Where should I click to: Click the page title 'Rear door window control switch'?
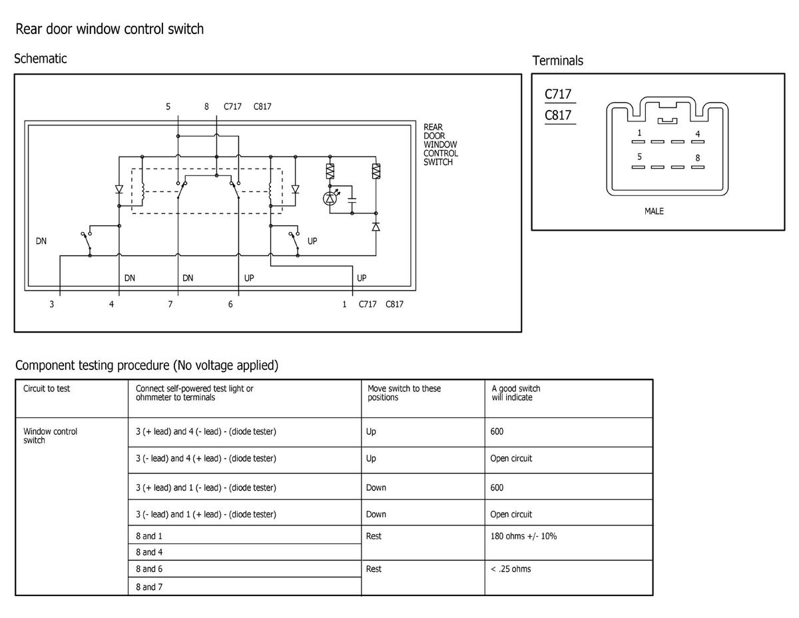(x=109, y=29)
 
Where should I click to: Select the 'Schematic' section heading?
(x=41, y=59)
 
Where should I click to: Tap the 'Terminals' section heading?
(x=557, y=61)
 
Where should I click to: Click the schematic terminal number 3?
(x=51, y=305)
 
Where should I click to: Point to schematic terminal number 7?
(x=170, y=305)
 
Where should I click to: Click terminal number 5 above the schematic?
(x=168, y=107)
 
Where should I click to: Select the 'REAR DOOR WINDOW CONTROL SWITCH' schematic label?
(x=440, y=145)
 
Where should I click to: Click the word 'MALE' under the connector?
(x=654, y=211)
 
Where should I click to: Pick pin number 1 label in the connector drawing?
(x=639, y=133)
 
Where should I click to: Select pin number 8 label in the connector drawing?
(x=697, y=158)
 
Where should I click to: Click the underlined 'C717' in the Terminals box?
(x=558, y=95)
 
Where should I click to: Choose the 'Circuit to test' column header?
(x=47, y=389)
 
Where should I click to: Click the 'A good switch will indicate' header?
(x=516, y=393)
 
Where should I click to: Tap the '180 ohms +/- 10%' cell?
(x=523, y=536)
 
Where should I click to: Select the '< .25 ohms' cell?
(x=511, y=569)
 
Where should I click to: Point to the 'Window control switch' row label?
(x=50, y=435)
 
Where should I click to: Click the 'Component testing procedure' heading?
(x=146, y=365)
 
